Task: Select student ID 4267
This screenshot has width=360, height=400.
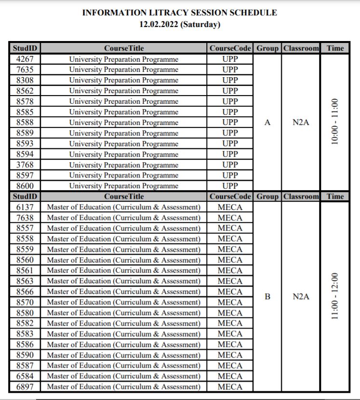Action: pos(25,59)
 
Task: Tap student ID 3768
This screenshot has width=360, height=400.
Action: pos(25,165)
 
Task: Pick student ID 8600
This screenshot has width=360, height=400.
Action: pos(25,186)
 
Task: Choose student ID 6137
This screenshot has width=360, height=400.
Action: pos(25,207)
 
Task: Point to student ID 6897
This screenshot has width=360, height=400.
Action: pos(25,386)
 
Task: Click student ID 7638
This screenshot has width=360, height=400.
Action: pos(25,218)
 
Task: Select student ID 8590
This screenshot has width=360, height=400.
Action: pos(25,355)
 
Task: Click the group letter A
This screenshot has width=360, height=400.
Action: pos(267,123)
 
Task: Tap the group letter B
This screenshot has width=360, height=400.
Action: pos(267,297)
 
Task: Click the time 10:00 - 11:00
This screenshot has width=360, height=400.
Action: pos(335,123)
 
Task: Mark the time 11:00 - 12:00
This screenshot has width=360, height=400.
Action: pos(335,297)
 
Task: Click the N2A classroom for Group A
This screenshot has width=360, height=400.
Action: pos(301,123)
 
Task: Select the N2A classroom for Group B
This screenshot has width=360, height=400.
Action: pos(301,297)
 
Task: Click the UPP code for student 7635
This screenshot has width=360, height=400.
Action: pos(230,69)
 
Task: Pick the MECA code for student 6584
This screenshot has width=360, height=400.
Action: pos(230,376)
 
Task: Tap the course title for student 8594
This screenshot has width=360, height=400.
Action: pos(124,154)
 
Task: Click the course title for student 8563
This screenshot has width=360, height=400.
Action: pos(123,281)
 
